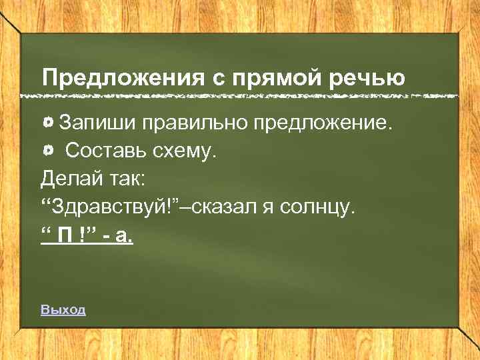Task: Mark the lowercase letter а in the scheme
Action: (127, 237)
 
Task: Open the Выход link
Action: (63, 309)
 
